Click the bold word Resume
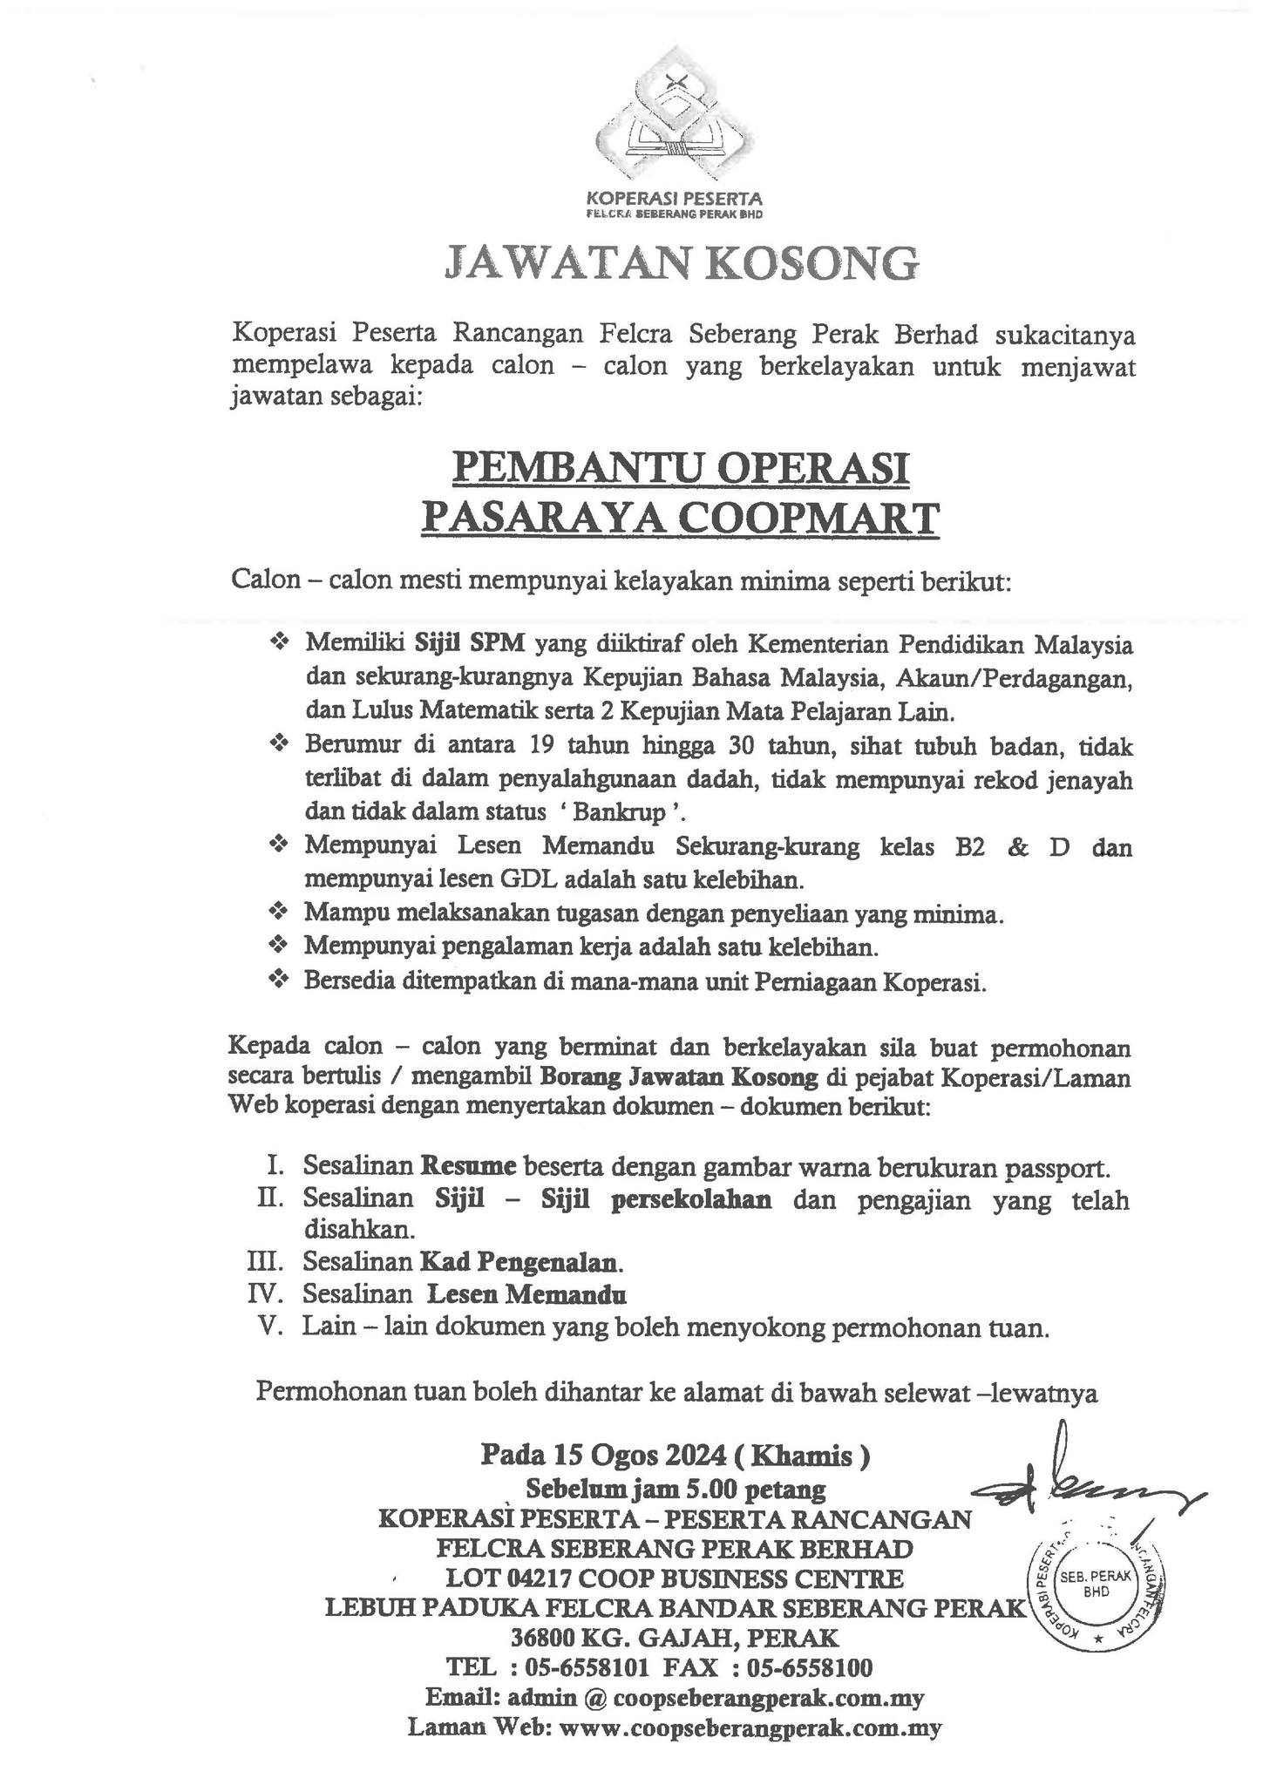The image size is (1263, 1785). point(469,1166)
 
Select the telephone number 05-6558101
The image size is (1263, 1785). point(585,1668)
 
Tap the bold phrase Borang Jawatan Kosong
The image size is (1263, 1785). point(679,1078)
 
